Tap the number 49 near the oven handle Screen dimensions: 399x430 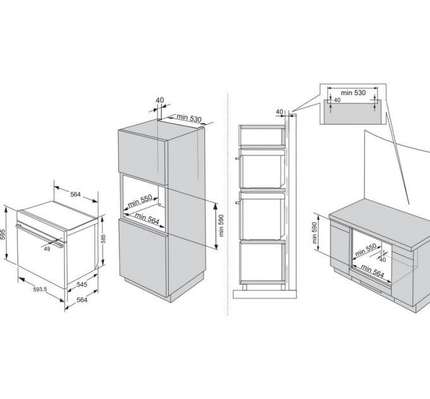[x=47, y=249]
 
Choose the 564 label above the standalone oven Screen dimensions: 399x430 [x=75, y=194]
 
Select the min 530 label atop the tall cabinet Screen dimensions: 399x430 [x=188, y=118]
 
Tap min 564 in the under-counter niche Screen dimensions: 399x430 [x=372, y=269]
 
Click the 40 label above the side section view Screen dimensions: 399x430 [x=279, y=111]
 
